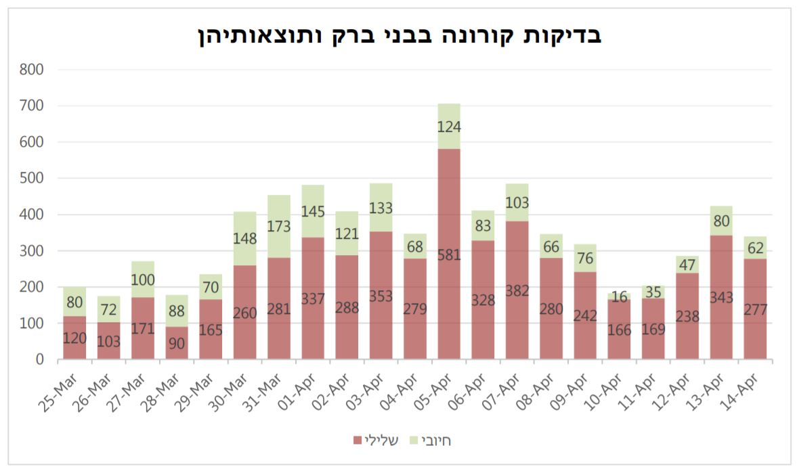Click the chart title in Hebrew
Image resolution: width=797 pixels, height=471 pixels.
398,35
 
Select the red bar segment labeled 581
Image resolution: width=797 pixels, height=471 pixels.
449,254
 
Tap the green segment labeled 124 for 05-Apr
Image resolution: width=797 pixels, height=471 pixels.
449,126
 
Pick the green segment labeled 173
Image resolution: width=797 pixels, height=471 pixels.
279,226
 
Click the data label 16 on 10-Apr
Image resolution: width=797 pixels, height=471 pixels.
619,296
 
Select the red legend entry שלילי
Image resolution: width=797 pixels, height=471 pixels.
376,441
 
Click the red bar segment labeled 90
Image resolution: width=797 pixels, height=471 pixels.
177,343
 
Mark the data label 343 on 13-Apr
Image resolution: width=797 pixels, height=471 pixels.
721,297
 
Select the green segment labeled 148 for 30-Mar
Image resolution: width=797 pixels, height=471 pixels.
244,238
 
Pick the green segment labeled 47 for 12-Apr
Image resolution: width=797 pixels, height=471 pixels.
687,265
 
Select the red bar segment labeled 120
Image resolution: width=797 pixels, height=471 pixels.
74,338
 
